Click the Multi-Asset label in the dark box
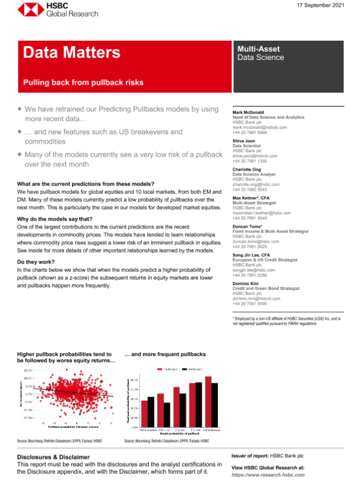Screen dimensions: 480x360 [258, 49]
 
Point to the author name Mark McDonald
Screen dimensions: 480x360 [250, 112]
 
